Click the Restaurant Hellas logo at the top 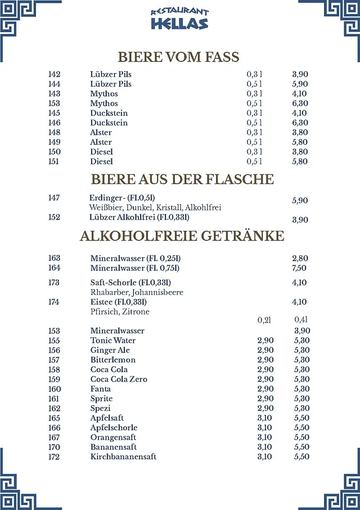179,19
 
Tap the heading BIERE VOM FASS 178,57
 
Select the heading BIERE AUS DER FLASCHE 182,180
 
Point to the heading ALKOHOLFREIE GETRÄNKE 182,236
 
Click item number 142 55,74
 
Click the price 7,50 300,268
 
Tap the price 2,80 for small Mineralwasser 300,258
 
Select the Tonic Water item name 113,341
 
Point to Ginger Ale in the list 110,350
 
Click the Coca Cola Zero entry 119,379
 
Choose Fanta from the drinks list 101,389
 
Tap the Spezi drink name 101,408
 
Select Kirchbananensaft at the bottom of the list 123,457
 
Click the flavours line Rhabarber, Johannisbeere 137,293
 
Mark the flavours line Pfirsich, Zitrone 120,312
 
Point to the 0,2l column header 264,320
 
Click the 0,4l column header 301,320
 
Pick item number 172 55,457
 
